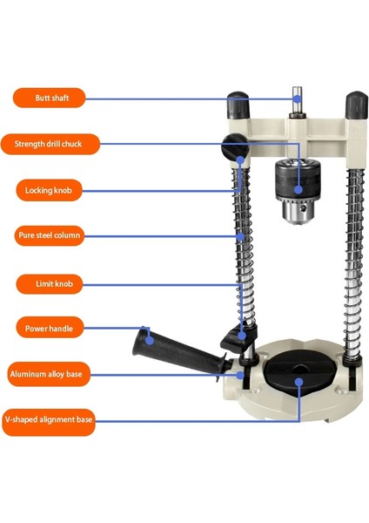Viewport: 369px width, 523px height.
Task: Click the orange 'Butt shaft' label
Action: (50, 98)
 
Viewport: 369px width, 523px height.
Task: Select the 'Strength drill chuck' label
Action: (50, 144)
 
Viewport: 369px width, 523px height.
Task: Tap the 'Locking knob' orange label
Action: (49, 190)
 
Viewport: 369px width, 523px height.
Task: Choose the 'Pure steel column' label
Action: (50, 235)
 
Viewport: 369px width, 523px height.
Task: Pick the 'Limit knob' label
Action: (50, 284)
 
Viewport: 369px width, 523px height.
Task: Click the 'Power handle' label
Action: (50, 329)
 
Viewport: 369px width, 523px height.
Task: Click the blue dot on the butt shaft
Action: (297, 98)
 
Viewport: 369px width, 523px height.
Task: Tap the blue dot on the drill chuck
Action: (299, 189)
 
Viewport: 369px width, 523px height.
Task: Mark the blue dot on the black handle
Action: (150, 341)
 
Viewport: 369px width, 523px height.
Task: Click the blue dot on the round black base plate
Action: (299, 383)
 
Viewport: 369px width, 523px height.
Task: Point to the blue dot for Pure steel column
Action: (240, 236)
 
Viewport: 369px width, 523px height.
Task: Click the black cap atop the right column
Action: (357, 105)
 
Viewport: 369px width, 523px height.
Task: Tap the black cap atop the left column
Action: (238, 105)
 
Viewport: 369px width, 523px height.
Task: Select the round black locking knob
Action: (235, 146)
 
